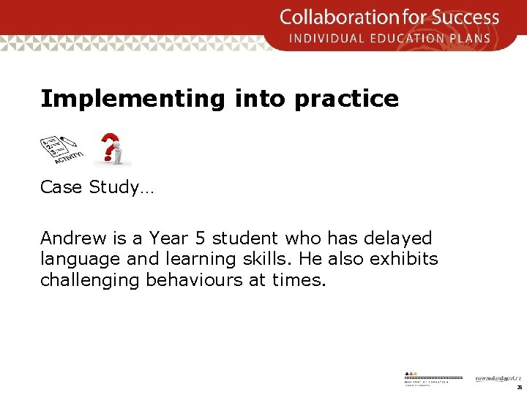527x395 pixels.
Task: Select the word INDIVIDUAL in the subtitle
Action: click(325, 38)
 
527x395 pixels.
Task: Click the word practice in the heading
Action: click(346, 99)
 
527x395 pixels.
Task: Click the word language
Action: click(73, 260)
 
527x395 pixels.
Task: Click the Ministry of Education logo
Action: click(433, 376)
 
